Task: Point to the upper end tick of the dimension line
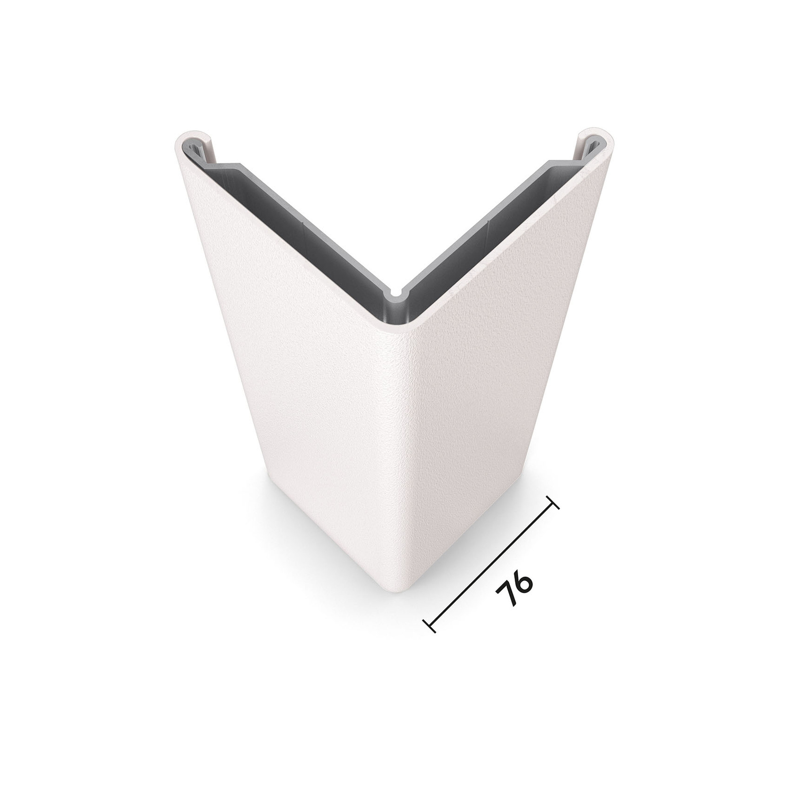point(553,502)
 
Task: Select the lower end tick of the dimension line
point(429,625)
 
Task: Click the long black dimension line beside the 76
point(491,564)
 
